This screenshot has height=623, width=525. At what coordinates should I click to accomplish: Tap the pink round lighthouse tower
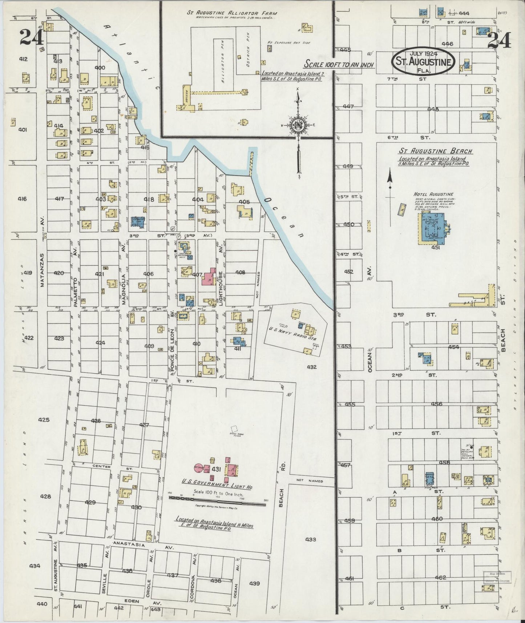[198, 468]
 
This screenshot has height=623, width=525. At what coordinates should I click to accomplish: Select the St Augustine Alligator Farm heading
[231, 13]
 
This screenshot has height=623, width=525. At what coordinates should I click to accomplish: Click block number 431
[217, 469]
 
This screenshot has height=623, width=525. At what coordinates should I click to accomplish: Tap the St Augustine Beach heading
[436, 151]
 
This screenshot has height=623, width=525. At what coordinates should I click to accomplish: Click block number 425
[44, 420]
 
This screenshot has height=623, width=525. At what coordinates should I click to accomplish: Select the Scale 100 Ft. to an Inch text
[339, 64]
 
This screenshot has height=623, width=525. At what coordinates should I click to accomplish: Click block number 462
[440, 578]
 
